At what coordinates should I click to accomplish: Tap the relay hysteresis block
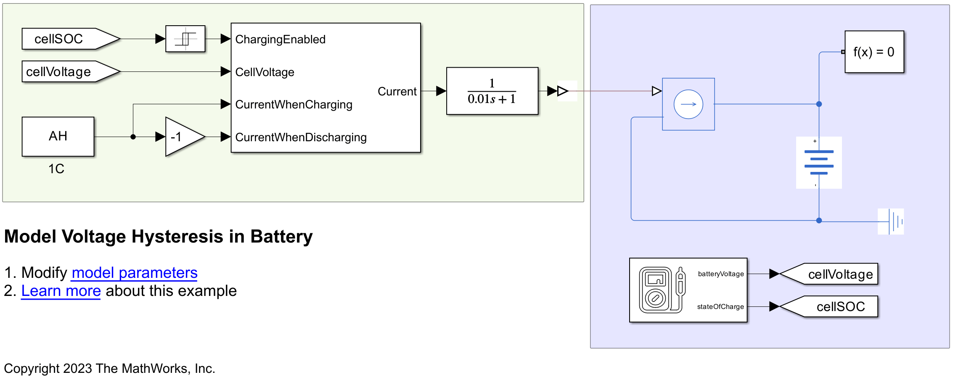pyautogui.click(x=185, y=39)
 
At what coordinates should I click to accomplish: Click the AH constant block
pyautogui.click(x=58, y=137)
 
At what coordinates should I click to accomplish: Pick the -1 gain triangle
pyautogui.click(x=182, y=137)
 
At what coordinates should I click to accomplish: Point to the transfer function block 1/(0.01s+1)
pyautogui.click(x=492, y=91)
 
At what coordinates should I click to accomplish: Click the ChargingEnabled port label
pyautogui.click(x=281, y=40)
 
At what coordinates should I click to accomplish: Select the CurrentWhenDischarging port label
pyautogui.click(x=301, y=137)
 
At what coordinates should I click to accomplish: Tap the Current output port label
pyautogui.click(x=397, y=92)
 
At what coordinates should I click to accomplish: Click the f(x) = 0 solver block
pyautogui.click(x=874, y=52)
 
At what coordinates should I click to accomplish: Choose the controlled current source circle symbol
pyautogui.click(x=688, y=104)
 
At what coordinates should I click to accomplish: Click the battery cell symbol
pyautogui.click(x=819, y=163)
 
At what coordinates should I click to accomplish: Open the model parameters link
pyautogui.click(x=135, y=273)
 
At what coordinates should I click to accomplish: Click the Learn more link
pyautogui.click(x=61, y=291)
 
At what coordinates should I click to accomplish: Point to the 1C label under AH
pyautogui.click(x=56, y=169)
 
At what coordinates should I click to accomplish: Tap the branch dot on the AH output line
pyautogui.click(x=133, y=137)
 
